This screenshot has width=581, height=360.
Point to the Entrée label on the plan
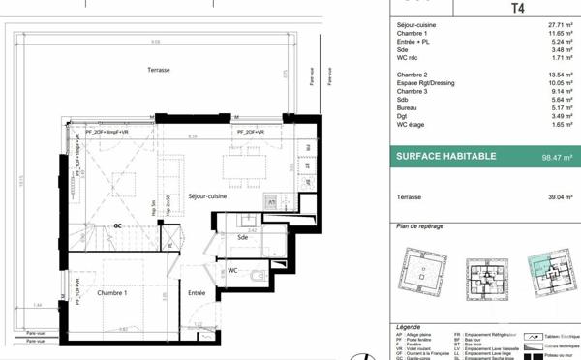pos(197,292)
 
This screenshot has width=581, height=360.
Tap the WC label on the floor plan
pos(233,270)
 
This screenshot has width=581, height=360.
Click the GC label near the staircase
pos(117,225)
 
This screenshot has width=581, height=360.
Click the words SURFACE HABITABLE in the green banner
pos(446,157)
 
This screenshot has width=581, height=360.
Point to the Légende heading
pos(410,328)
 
